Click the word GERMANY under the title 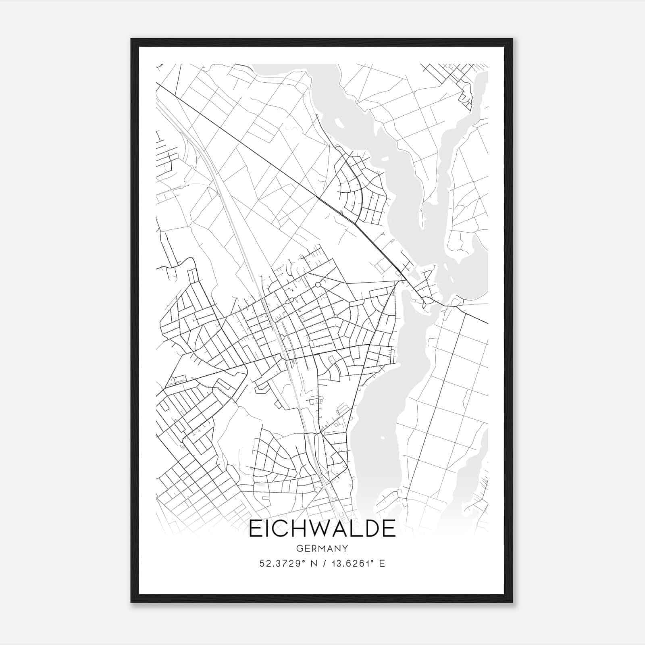[x=322, y=548]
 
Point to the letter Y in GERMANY [x=345, y=548]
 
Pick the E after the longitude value [x=382, y=563]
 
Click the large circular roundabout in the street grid [x=318, y=285]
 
